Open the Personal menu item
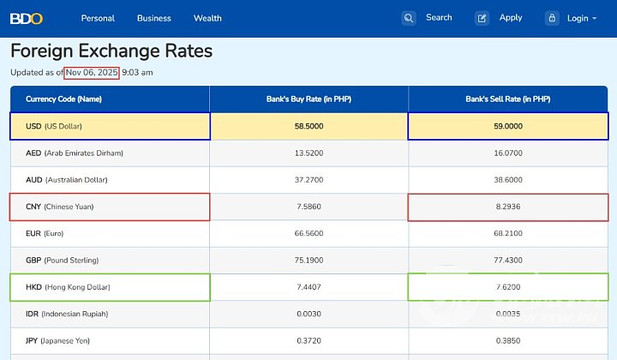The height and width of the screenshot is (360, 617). pyautogui.click(x=98, y=18)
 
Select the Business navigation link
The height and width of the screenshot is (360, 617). pyautogui.click(x=154, y=18)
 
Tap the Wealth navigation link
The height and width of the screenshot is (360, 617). pyautogui.click(x=207, y=18)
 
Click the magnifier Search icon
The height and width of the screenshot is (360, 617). pyautogui.click(x=409, y=18)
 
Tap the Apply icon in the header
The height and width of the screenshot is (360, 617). pyautogui.click(x=482, y=18)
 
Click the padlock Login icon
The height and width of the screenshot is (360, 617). pyautogui.click(x=552, y=18)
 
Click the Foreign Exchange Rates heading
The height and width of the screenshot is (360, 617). pyautogui.click(x=111, y=51)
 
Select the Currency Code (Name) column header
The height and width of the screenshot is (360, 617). pyautogui.click(x=64, y=99)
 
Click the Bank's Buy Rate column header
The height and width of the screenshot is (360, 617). pyautogui.click(x=308, y=99)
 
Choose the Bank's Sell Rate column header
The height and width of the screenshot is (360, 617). pyautogui.click(x=508, y=99)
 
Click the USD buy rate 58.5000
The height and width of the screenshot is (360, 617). pyautogui.click(x=308, y=126)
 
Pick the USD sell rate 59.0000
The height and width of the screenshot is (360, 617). pyautogui.click(x=508, y=126)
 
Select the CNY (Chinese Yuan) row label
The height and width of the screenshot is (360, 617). pyautogui.click(x=60, y=207)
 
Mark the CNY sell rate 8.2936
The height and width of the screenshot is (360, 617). pyautogui.click(x=508, y=207)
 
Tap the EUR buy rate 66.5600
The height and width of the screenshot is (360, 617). pyautogui.click(x=308, y=233)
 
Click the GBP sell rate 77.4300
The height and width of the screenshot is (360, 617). pyautogui.click(x=508, y=260)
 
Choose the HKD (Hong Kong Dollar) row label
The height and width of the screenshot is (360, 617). pyautogui.click(x=68, y=287)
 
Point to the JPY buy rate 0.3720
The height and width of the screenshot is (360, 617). pyautogui.click(x=308, y=340)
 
